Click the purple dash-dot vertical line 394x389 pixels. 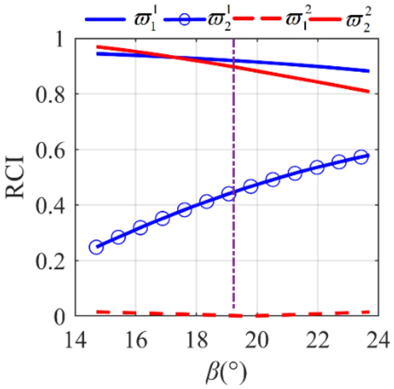233,173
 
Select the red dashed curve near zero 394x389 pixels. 173,314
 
